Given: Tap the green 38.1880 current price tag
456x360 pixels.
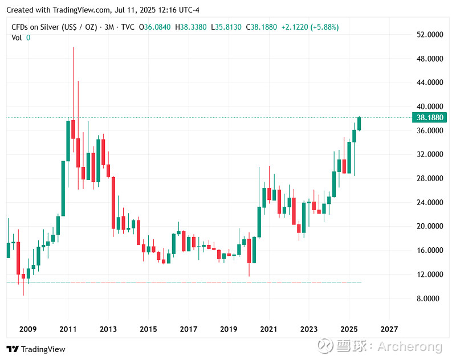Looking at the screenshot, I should pyautogui.click(x=430, y=118).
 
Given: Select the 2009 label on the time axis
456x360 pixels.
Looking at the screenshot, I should pyautogui.click(x=27, y=329).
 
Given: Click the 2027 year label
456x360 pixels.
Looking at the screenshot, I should pyautogui.click(x=389, y=329).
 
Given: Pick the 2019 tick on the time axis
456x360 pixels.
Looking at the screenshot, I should pyautogui.click(x=229, y=329).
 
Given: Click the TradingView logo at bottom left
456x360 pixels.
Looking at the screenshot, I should pyautogui.click(x=36, y=349).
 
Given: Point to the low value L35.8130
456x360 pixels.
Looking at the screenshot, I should pyautogui.click(x=226, y=27).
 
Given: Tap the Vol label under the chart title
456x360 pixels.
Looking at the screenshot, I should pyautogui.click(x=17, y=38).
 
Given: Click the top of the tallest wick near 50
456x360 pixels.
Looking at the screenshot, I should pyautogui.click(x=73, y=48).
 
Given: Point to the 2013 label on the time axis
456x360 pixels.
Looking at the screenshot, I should pyautogui.click(x=108, y=329).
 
